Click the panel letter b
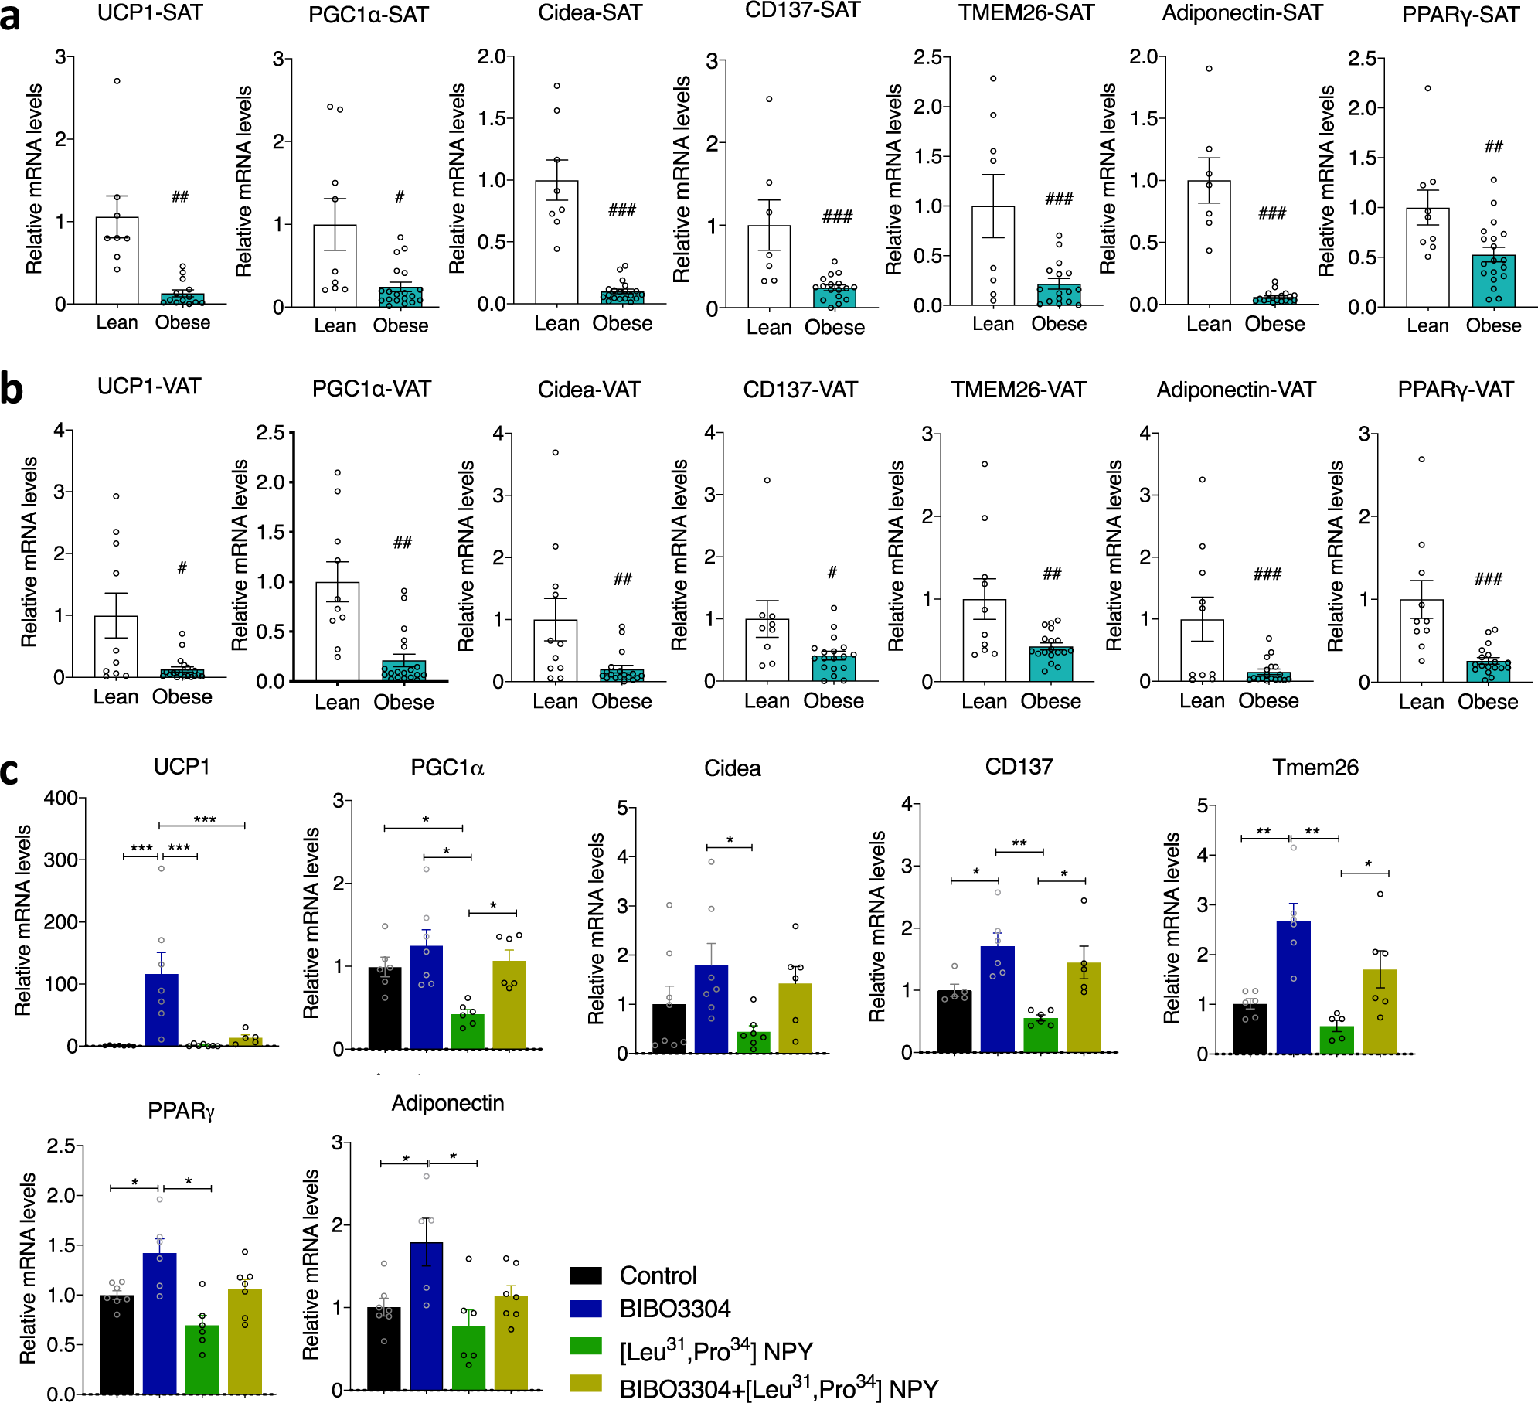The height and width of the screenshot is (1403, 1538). click(11, 389)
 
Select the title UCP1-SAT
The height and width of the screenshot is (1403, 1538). click(149, 13)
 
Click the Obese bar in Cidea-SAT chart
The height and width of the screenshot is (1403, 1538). click(622, 298)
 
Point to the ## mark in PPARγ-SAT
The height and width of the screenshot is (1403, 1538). click(1493, 146)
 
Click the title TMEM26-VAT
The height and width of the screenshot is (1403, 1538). click(1018, 390)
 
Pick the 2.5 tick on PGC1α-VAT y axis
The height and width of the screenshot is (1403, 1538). click(271, 432)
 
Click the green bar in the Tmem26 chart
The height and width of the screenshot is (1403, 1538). click(1336, 1040)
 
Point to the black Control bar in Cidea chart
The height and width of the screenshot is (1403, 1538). click(669, 1029)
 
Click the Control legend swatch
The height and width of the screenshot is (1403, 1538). click(586, 1275)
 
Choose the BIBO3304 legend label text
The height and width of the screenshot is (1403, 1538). click(675, 1309)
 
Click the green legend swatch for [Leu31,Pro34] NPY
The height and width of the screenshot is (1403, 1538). click(586, 1345)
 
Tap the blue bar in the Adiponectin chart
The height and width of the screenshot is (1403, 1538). click(427, 1315)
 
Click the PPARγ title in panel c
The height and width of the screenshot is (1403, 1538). click(181, 1111)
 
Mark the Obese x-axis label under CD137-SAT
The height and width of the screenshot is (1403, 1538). click(834, 328)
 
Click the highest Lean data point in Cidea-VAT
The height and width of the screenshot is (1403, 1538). click(555, 452)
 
